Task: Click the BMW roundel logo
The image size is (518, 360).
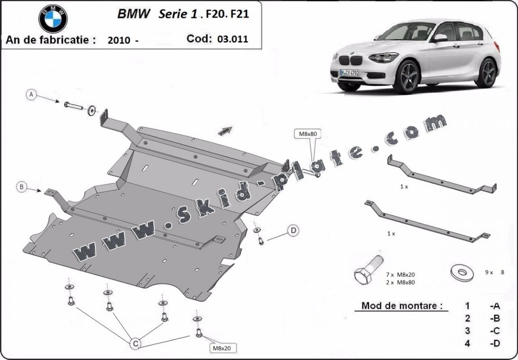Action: point(53,19)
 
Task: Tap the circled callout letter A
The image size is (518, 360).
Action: point(31,94)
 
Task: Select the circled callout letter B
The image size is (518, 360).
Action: point(22,187)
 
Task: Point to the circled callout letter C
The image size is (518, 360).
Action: point(134,344)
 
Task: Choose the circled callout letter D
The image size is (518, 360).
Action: point(293,231)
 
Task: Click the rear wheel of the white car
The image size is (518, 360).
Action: point(487,72)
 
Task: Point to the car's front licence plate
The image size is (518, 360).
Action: point(349,72)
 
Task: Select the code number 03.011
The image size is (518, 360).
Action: point(232,39)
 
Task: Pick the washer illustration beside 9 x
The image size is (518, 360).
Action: point(461,272)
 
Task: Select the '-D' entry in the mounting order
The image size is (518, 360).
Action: point(495,344)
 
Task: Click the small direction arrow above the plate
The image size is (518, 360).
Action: point(225,130)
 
